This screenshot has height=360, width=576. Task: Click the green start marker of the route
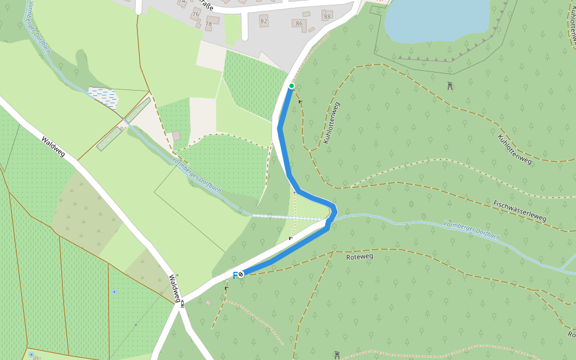[x=292, y=86]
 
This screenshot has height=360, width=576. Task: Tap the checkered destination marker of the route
[x=241, y=274]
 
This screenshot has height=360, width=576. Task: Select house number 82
[x=264, y=21]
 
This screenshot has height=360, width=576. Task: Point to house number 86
[x=299, y=23]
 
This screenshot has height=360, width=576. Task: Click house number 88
[x=327, y=16]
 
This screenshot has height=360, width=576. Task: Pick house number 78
[x=208, y=24]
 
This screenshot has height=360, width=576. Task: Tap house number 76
[x=196, y=14]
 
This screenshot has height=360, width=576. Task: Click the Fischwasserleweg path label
[x=520, y=211]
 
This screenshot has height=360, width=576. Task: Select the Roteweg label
[x=360, y=256]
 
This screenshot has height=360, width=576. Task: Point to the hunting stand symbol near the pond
[x=450, y=86]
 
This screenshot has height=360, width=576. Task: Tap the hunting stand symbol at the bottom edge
[x=337, y=355]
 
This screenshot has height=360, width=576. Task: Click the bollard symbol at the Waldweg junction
[x=182, y=304]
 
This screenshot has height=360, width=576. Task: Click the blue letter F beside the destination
[x=235, y=275]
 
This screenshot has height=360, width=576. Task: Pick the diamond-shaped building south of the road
[x=208, y=302]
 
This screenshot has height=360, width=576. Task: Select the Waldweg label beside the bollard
[x=175, y=288]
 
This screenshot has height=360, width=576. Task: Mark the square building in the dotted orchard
[x=176, y=136]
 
